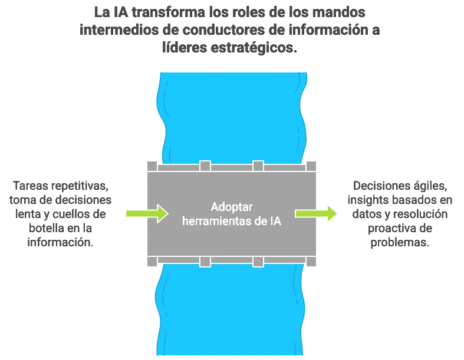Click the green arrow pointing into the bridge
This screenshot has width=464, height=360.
(147, 213)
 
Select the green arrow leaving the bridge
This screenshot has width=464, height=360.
(316, 213)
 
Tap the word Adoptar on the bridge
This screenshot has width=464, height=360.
(232, 207)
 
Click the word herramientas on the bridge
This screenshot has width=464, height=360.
(218, 222)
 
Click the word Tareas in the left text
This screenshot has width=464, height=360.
(31, 186)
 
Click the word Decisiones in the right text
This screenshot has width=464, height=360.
(379, 186)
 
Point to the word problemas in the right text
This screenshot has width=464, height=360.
(400, 243)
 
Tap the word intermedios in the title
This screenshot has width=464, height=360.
(119, 30)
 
